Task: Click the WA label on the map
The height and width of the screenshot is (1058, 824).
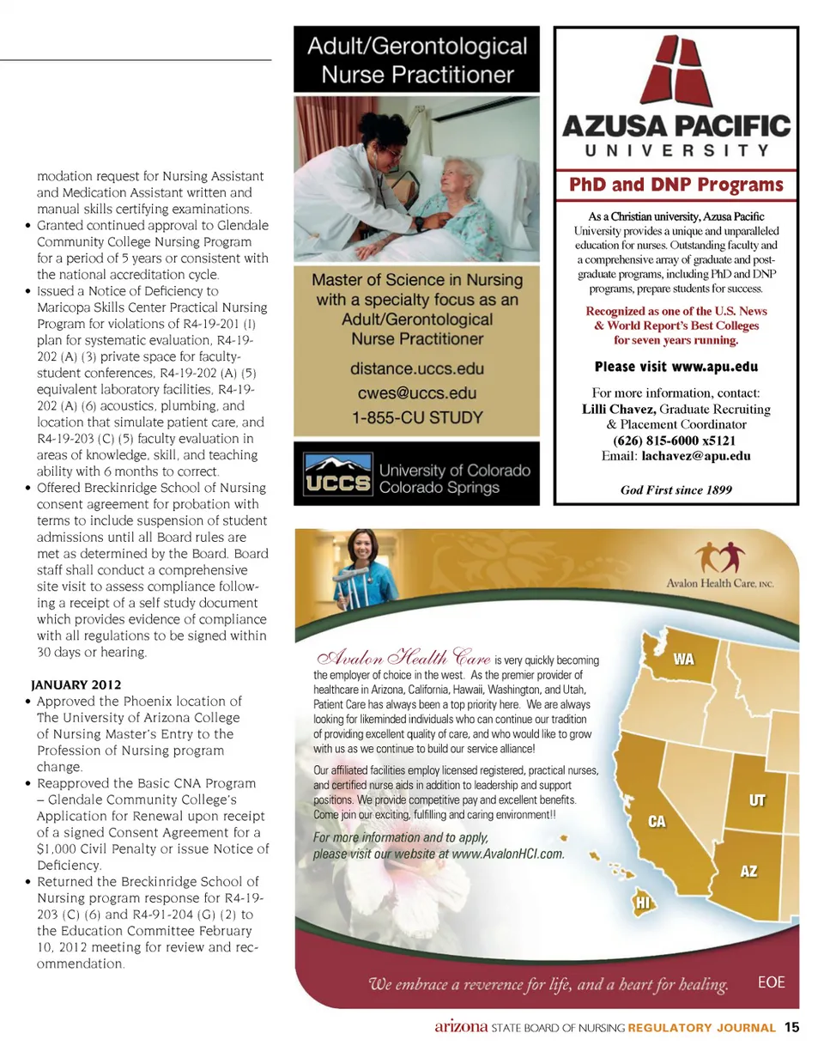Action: click(683, 660)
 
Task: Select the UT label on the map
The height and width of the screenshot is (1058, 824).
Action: click(757, 801)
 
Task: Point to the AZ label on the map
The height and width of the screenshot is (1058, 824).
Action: click(748, 871)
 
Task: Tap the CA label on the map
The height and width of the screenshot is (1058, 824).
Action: click(657, 822)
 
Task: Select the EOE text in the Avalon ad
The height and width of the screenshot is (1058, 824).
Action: click(772, 982)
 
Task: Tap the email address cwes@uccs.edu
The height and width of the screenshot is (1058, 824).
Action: click(417, 393)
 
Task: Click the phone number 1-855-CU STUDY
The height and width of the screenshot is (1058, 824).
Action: click(417, 418)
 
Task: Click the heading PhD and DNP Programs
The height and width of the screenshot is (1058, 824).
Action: click(676, 185)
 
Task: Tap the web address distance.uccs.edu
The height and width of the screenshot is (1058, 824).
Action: click(417, 368)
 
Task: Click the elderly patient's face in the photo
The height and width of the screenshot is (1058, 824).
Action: click(450, 175)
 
